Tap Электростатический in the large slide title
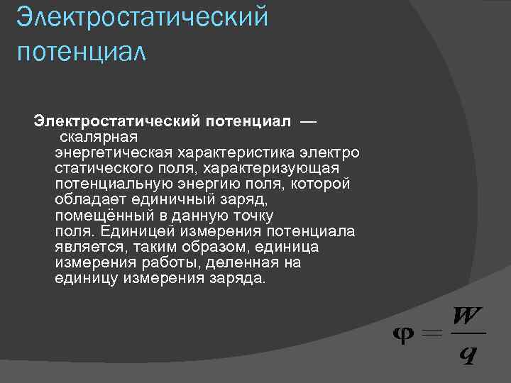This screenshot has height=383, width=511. pos(142,17)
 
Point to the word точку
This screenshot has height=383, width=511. pos(251,216)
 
